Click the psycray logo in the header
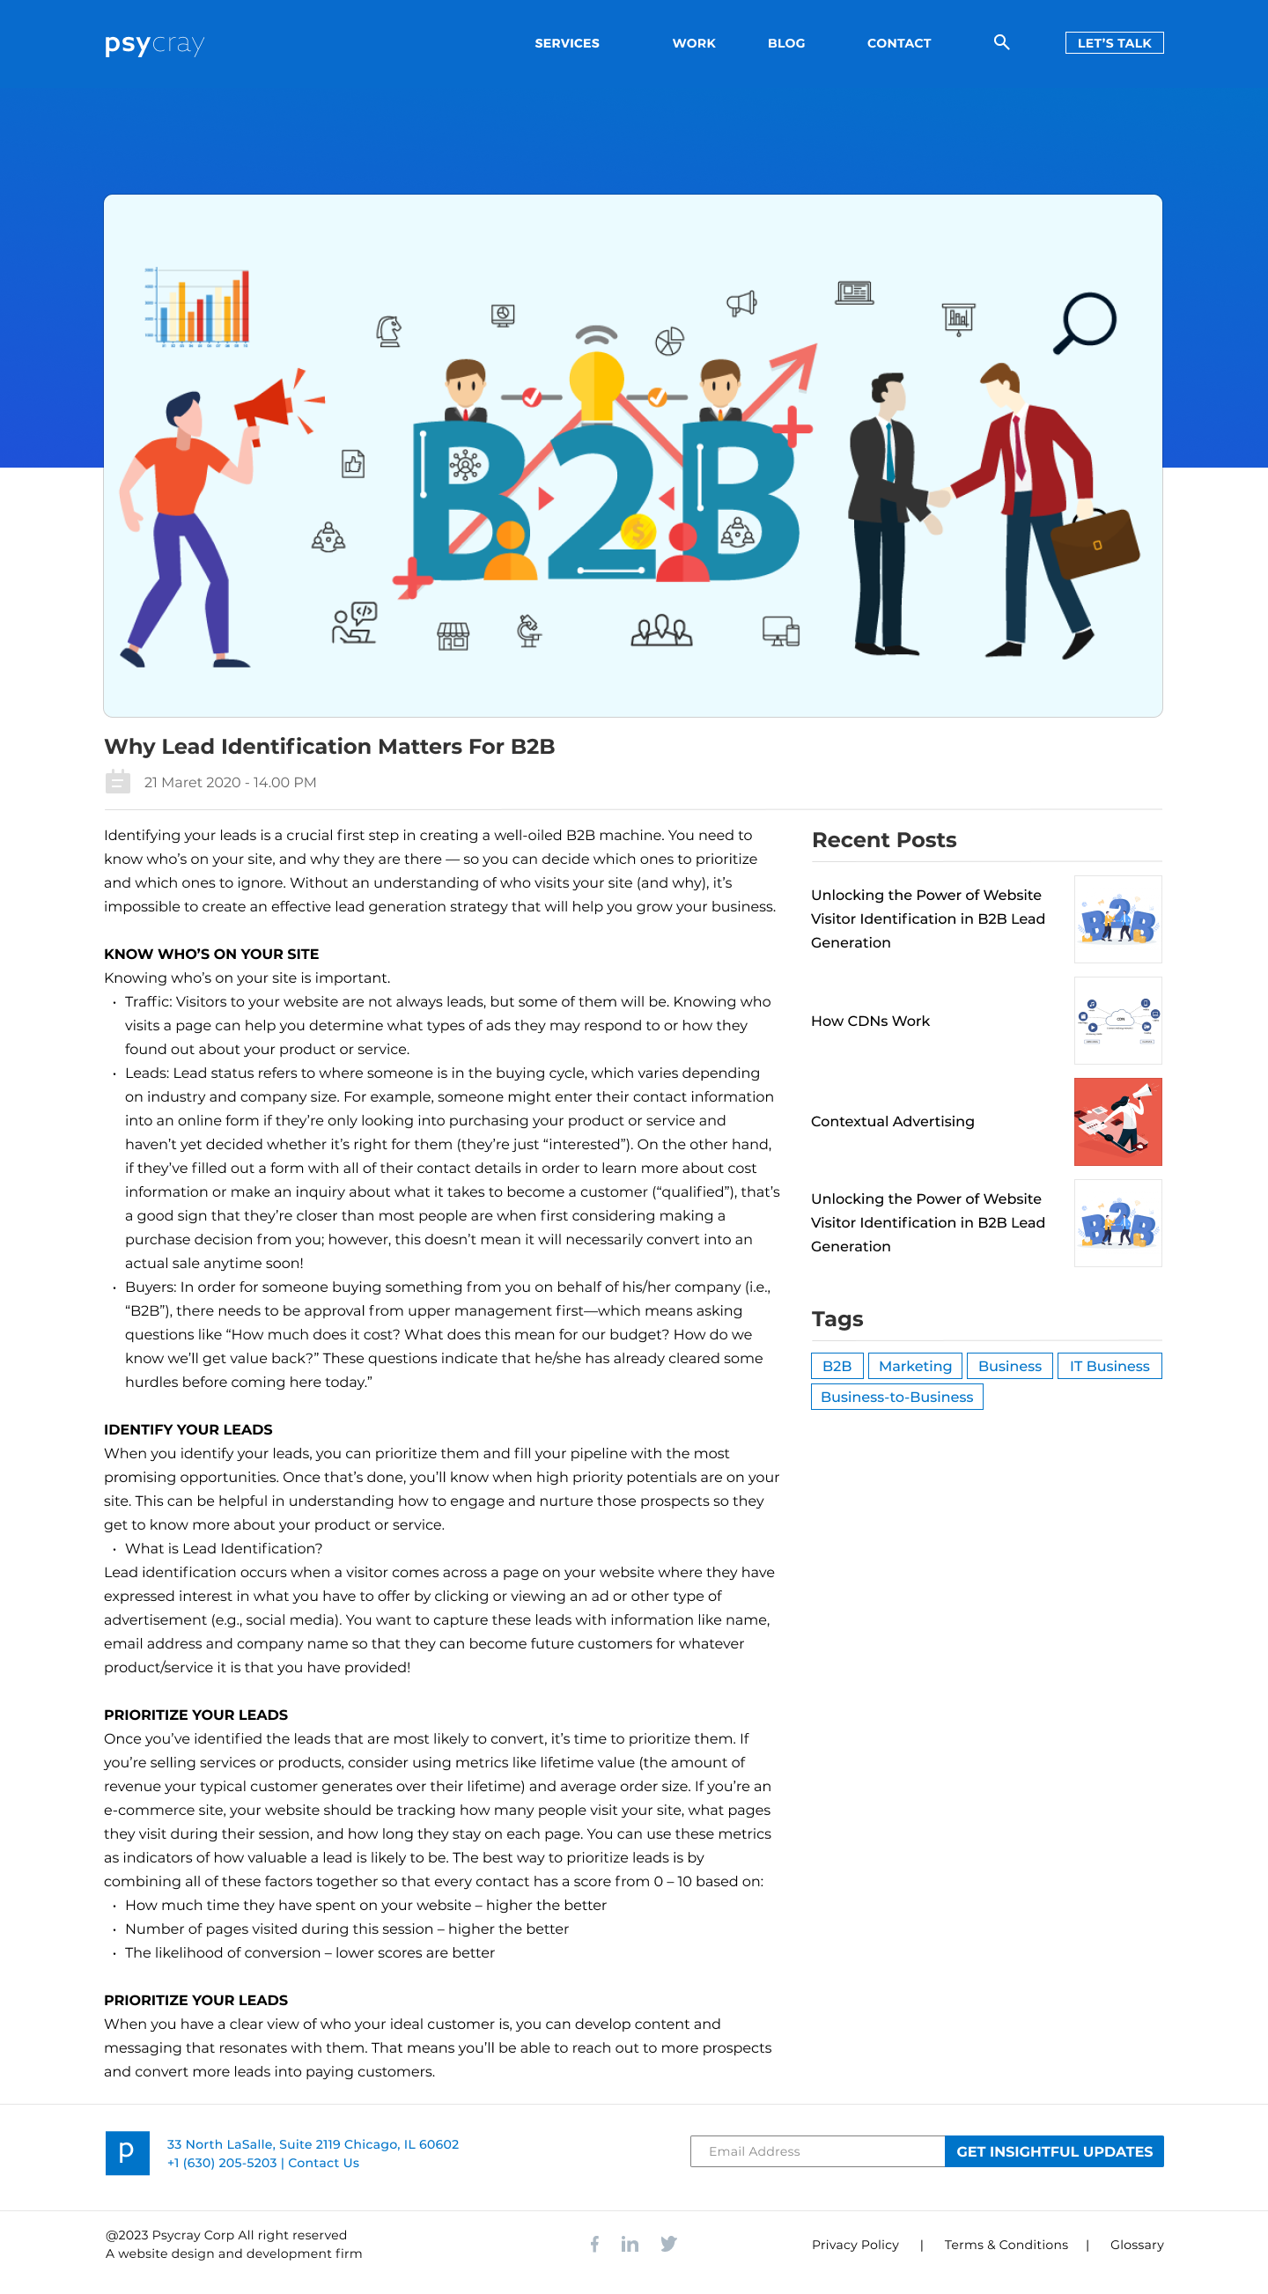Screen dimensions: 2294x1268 154,44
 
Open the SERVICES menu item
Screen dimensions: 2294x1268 566,43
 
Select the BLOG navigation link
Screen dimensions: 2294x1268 785,43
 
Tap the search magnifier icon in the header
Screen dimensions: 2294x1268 1001,42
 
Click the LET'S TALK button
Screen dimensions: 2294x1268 1113,43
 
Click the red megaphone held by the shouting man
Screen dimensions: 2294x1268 264,406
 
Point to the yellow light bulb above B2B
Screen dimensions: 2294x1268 596,381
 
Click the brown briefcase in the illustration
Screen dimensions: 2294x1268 1095,542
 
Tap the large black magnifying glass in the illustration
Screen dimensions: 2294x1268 1087,321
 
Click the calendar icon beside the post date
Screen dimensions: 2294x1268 117,782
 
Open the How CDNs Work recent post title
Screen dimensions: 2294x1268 869,1021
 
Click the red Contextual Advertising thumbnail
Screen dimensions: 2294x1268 1117,1121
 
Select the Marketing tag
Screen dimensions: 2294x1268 915,1365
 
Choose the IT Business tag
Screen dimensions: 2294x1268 1109,1365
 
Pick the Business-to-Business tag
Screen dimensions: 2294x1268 896,1397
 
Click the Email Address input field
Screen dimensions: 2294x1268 815,2150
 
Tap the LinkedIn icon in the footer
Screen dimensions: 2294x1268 630,2243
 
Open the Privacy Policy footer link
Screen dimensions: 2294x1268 854,2244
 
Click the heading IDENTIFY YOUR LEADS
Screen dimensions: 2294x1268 188,1429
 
